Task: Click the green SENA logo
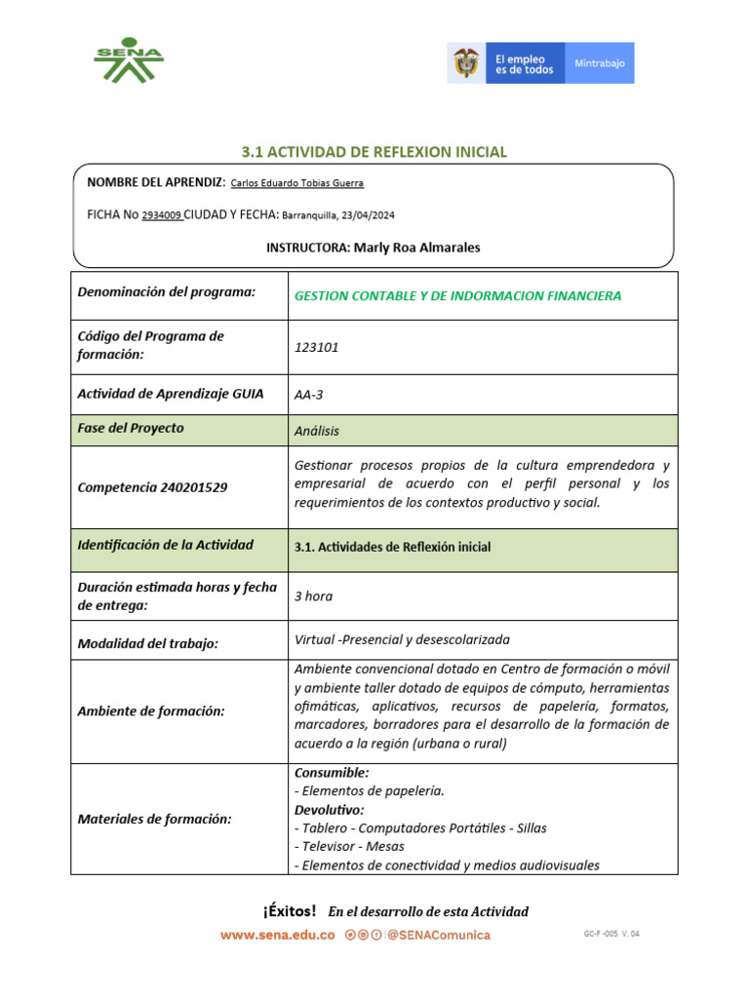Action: pyautogui.click(x=129, y=61)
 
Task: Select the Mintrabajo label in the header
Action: pyautogui.click(x=600, y=63)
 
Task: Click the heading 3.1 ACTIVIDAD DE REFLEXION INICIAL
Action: pyautogui.click(x=374, y=152)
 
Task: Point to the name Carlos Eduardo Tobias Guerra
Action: pyautogui.click(x=297, y=183)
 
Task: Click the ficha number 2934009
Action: pyautogui.click(x=162, y=215)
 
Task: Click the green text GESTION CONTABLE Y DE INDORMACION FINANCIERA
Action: pyautogui.click(x=457, y=295)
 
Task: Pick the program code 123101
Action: pyautogui.click(x=317, y=347)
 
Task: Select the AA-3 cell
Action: pyautogui.click(x=308, y=395)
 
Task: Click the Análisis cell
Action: pyautogui.click(x=317, y=430)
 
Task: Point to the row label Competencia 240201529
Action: pyautogui.click(x=152, y=486)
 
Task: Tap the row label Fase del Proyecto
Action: pyautogui.click(x=131, y=429)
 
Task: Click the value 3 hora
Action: pyautogui.click(x=313, y=596)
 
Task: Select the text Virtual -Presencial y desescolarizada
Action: pyautogui.click(x=402, y=640)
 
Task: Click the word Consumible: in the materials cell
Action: pyautogui.click(x=332, y=773)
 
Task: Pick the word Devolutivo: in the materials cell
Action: pyautogui.click(x=330, y=810)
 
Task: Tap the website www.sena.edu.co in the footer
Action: pyautogui.click(x=277, y=935)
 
